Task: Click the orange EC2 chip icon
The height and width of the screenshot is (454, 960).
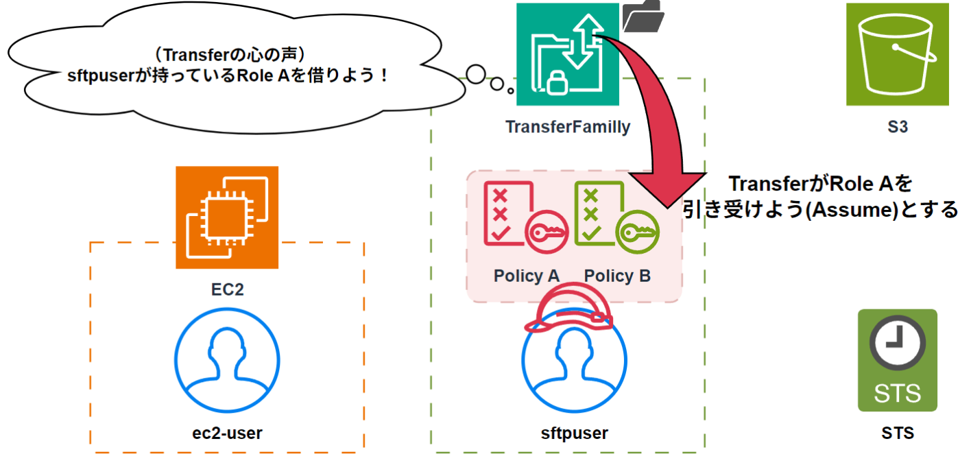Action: coord(227,217)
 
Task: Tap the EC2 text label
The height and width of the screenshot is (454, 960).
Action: coord(227,289)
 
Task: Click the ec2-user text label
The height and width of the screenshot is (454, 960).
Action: coord(227,433)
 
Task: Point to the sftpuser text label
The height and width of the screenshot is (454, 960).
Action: coord(575,433)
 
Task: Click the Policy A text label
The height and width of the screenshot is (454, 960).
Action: coord(527,276)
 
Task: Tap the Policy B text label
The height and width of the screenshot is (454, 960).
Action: coord(617,276)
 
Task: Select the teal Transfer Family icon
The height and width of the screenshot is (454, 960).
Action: coord(568,54)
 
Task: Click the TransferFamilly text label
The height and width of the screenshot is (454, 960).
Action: coord(568,127)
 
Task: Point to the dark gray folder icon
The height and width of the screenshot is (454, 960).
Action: coord(643,16)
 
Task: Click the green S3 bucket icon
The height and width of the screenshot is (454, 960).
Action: coord(897,54)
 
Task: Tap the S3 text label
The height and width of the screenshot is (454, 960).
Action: coord(898,127)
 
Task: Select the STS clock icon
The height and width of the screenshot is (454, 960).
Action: coord(897,360)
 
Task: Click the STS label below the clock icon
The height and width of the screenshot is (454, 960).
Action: coord(898,433)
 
